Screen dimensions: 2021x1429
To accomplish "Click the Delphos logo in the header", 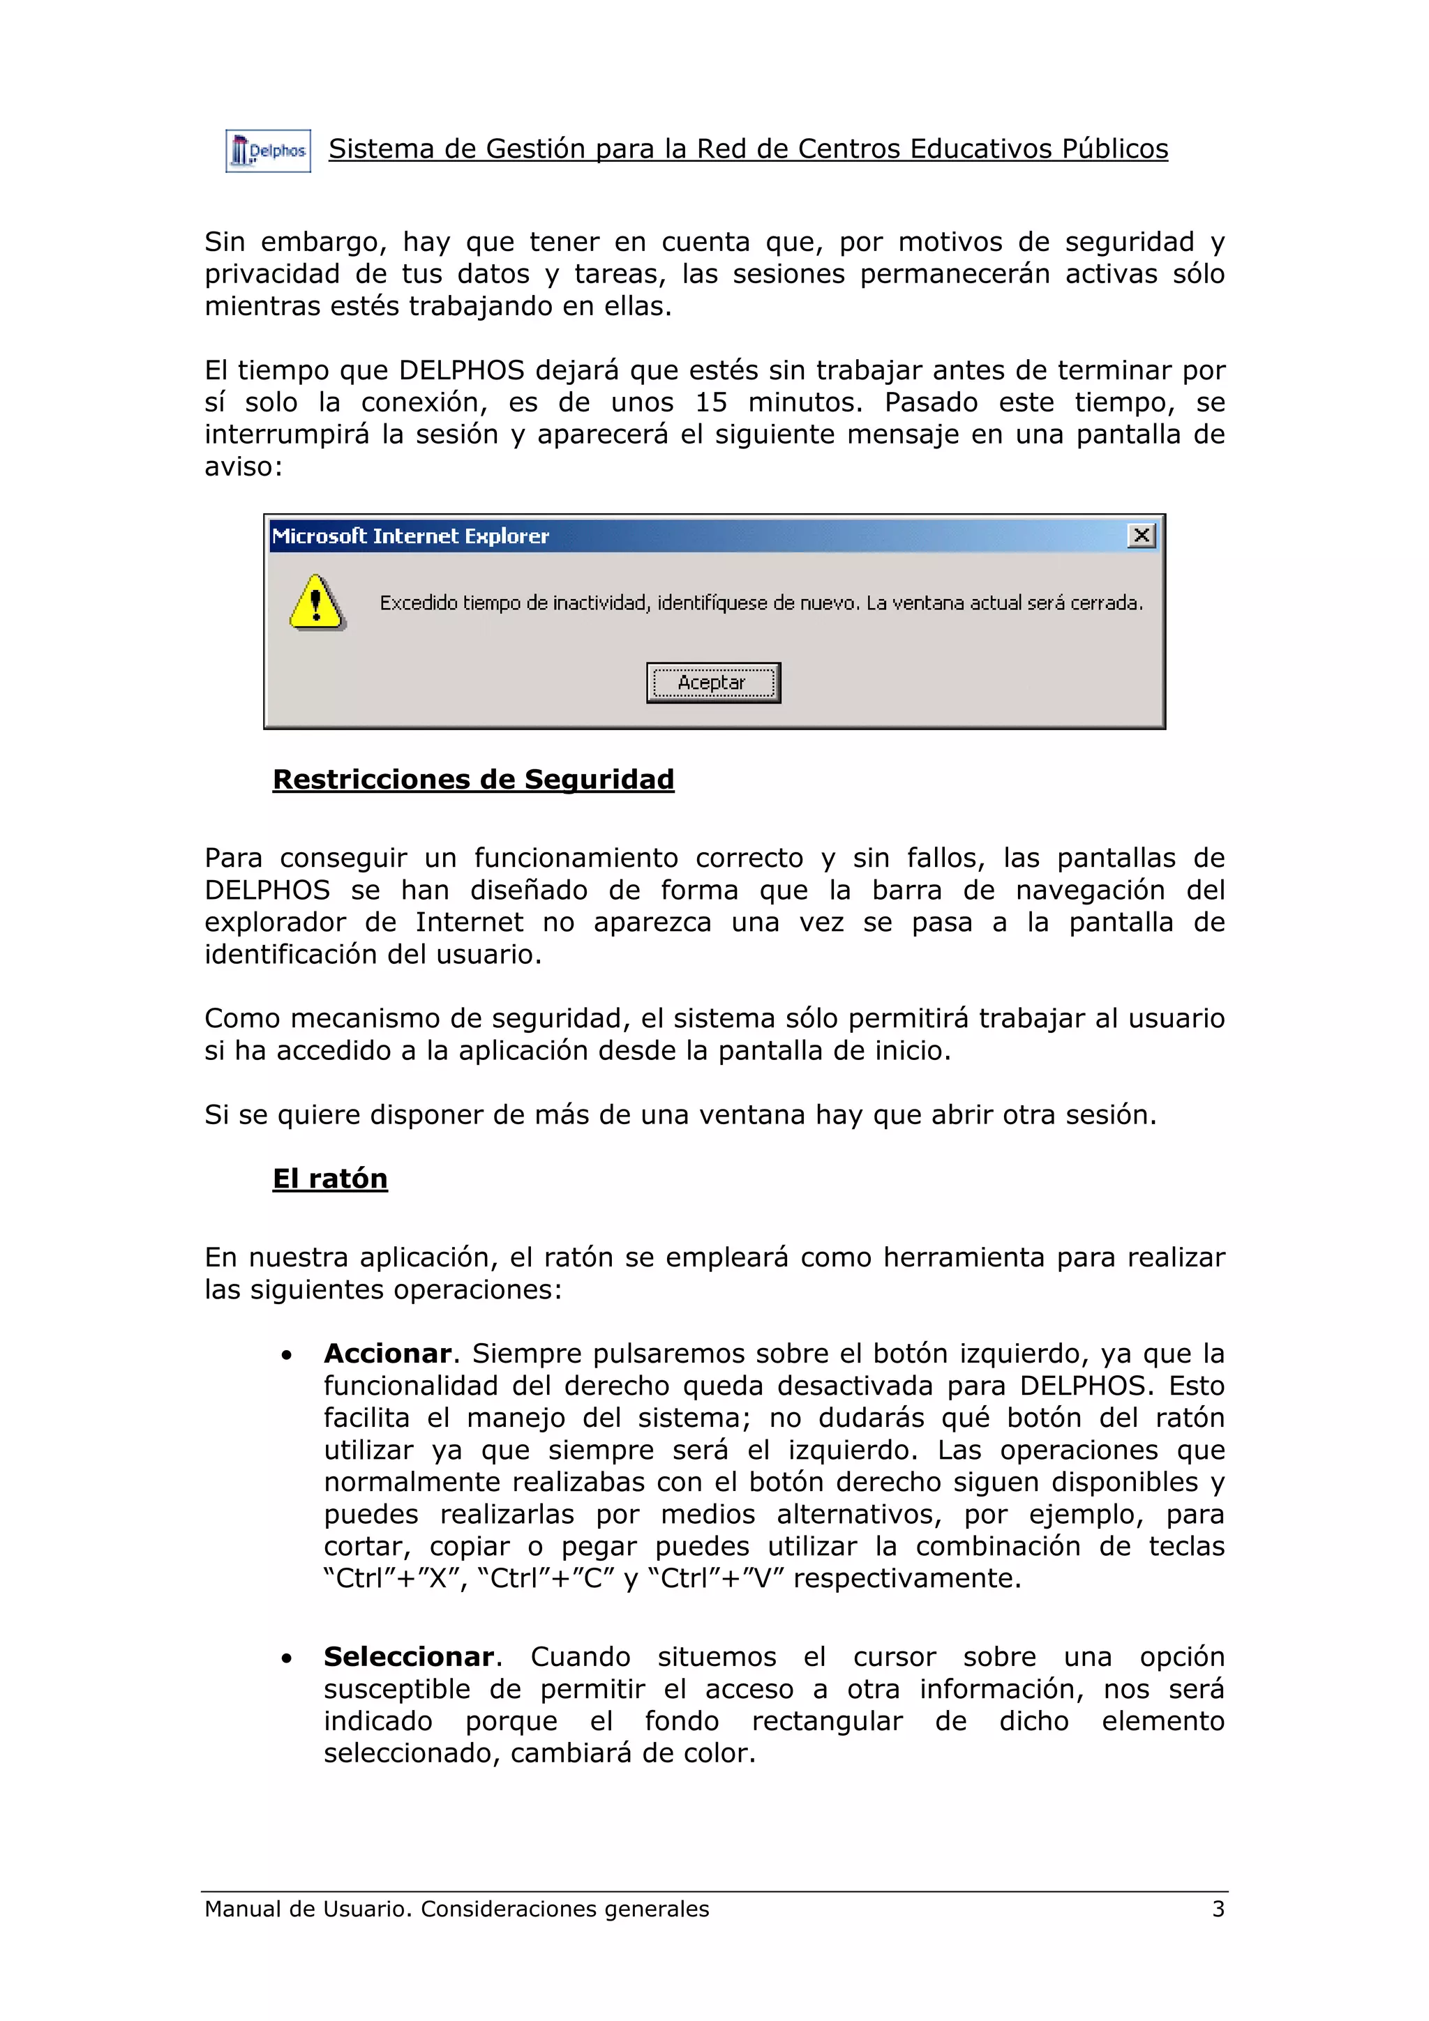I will (x=268, y=151).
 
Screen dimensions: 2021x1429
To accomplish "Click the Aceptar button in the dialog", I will (x=713, y=683).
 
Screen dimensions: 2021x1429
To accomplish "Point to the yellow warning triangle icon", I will (x=316, y=603).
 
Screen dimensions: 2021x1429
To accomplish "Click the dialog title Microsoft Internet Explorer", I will (x=410, y=536).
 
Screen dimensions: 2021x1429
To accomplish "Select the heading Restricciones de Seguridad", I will (x=473, y=779).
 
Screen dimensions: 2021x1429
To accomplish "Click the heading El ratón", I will (x=330, y=1179).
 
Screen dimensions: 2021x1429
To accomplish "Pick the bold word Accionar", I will (x=387, y=1353).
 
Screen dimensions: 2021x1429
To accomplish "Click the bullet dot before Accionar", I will (x=287, y=1356).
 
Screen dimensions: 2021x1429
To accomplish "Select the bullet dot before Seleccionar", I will (x=287, y=1659).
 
